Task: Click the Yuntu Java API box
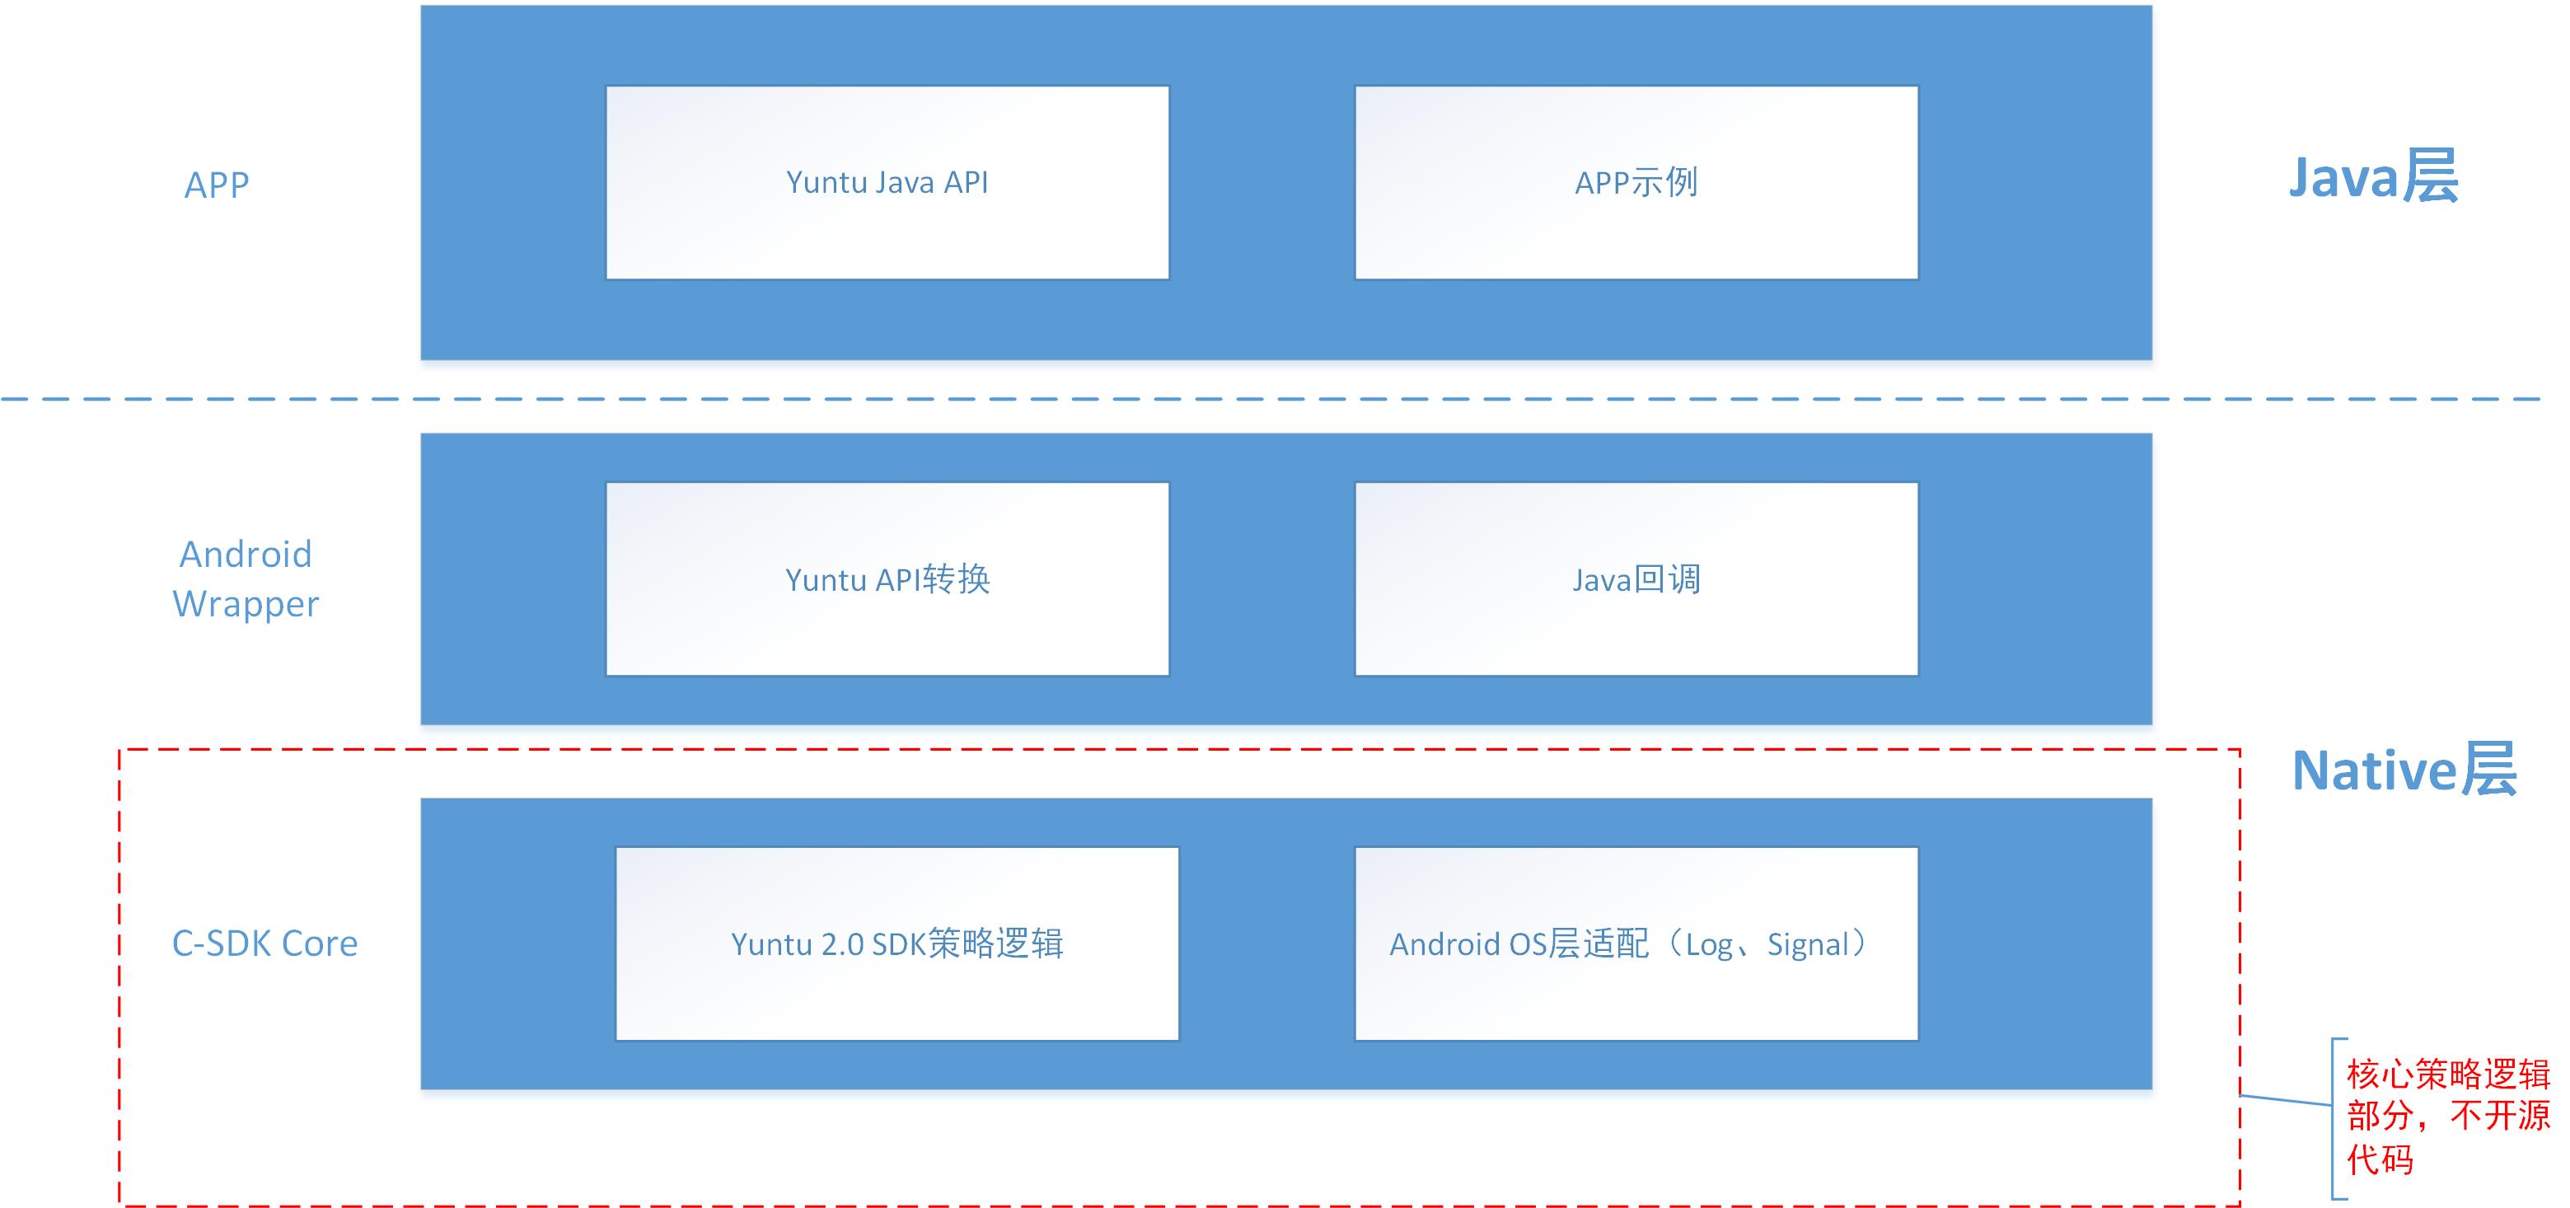887,183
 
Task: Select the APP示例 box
1636,183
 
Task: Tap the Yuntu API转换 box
887,578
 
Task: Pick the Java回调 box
1636,578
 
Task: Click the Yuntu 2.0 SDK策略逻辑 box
897,943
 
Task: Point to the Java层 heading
2372,177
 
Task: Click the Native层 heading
2404,770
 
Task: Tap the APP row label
217,185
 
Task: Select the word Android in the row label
246,555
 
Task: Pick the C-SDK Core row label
264,943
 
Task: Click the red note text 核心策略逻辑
2447,1075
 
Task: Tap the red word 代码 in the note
2380,1159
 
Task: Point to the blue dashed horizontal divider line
1267,399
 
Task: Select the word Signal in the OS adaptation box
1808,944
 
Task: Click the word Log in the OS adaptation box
1708,944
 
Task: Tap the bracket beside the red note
2334,1118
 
